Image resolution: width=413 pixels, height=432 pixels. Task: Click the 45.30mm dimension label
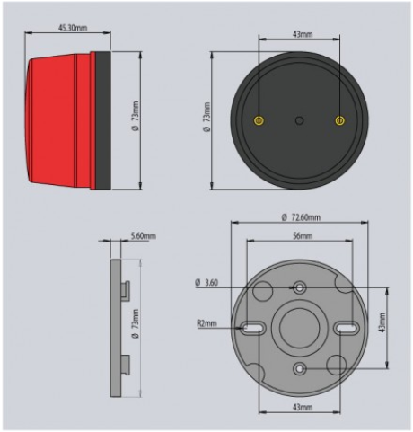click(x=73, y=28)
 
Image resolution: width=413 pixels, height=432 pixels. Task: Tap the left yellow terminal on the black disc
click(x=259, y=120)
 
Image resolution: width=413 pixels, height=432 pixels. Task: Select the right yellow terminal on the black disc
click(x=339, y=120)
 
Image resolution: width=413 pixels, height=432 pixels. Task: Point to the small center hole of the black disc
click(x=299, y=120)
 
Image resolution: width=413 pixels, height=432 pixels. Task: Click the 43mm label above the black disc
click(x=303, y=34)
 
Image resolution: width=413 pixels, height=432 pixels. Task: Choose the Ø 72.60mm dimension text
click(x=301, y=217)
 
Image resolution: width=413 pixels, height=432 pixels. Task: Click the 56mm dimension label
click(x=303, y=236)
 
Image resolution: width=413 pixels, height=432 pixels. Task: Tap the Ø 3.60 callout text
click(x=206, y=283)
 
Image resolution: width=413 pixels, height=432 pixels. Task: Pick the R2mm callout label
click(x=206, y=323)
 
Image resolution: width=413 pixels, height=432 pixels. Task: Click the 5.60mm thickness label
click(x=143, y=236)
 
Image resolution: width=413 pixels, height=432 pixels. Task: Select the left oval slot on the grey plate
click(x=253, y=329)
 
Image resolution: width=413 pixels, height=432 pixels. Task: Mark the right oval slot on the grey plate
click(x=347, y=329)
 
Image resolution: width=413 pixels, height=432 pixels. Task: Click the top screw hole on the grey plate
click(x=299, y=288)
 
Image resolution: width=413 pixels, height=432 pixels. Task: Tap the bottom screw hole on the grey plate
click(x=299, y=368)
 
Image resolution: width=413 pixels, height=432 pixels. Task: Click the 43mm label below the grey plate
click(x=303, y=407)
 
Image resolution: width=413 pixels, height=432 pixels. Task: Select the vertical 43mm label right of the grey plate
click(x=382, y=322)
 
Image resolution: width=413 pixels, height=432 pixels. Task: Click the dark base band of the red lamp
click(x=103, y=120)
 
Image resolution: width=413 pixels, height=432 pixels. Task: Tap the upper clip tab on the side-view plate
click(x=126, y=290)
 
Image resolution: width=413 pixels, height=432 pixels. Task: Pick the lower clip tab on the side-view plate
click(x=126, y=365)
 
